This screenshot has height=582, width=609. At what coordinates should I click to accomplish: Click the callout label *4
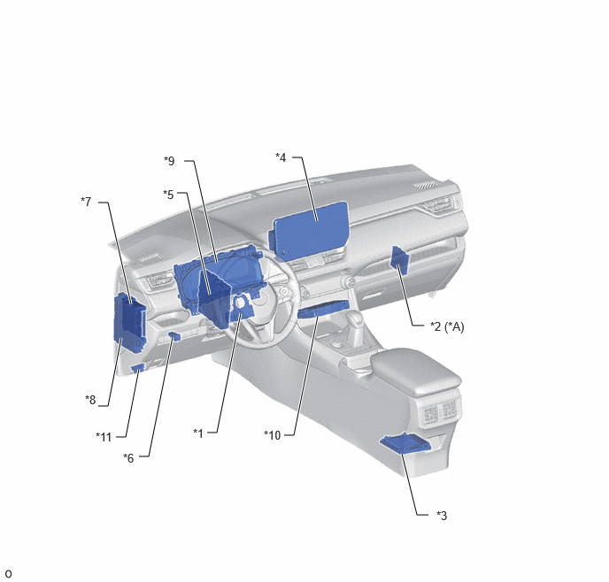pos(281,157)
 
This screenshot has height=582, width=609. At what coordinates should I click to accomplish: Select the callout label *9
pos(169,161)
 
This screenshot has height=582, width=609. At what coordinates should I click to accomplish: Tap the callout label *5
pos(168,194)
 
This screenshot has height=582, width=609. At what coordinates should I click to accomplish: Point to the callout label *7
pos(86,202)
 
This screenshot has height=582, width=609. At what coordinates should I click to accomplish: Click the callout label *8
pos(90,400)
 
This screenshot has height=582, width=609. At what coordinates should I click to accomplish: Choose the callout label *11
pos(104,437)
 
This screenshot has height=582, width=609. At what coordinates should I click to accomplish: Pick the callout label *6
pos(128,458)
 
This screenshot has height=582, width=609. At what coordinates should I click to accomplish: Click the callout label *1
pos(198,433)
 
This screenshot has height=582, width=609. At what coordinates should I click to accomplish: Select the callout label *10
pos(273,435)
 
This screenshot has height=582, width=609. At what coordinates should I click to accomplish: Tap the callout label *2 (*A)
pos(447,326)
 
